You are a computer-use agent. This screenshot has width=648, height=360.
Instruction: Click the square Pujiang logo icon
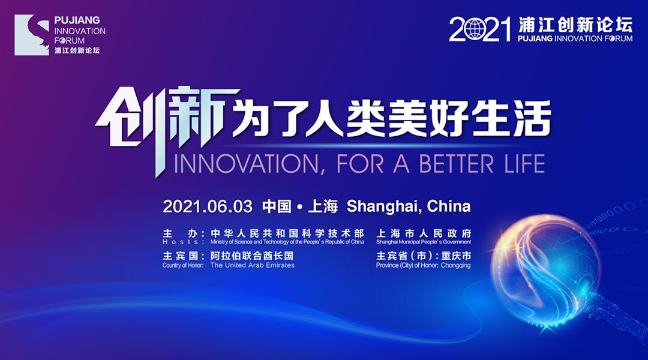32,35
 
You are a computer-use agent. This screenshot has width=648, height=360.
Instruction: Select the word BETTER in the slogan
456,164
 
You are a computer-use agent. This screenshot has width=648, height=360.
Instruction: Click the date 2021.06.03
208,206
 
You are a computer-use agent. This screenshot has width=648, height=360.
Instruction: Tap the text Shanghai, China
409,206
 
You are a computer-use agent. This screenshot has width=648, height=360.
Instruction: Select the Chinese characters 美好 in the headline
428,119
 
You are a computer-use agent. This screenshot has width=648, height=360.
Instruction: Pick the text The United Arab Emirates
253,265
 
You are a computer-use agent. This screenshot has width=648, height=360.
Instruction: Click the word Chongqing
455,265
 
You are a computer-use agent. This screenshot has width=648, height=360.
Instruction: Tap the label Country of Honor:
183,265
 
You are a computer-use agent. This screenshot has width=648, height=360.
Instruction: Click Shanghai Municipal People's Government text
424,242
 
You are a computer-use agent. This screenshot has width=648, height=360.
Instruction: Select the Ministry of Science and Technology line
287,242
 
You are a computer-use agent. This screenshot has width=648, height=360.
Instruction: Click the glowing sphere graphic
545,270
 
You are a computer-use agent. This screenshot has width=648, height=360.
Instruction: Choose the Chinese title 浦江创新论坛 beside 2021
575,25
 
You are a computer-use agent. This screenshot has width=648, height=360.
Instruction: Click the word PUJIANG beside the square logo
77,20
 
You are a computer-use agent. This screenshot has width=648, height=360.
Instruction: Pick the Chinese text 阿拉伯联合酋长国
251,256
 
